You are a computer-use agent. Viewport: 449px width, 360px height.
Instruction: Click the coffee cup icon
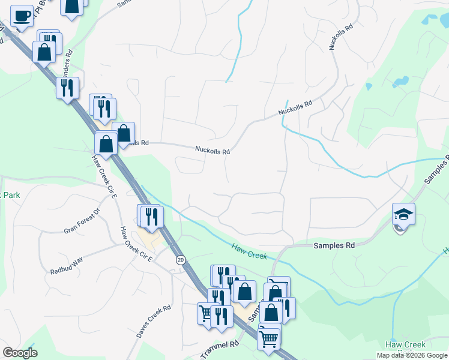pos(22,16)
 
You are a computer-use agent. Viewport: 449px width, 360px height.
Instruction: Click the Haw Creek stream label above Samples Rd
pos(249,251)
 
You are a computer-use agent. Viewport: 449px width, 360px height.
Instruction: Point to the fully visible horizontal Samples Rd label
pos(334,245)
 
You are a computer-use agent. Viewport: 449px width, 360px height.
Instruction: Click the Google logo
pos(20,353)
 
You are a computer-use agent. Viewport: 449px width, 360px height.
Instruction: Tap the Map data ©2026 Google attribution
pos(412,355)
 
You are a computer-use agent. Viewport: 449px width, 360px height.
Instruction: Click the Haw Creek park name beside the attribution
pos(405,345)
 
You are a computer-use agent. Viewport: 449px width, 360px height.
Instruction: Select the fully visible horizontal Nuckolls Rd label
pos(212,151)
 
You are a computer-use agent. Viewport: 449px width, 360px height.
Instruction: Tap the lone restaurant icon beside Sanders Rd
pos(67,88)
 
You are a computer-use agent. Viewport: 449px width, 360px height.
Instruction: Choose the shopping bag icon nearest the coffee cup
pos(44,52)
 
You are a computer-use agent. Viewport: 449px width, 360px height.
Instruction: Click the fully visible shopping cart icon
pos(268,338)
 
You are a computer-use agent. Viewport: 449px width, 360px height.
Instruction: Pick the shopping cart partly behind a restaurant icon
pos(206,313)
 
